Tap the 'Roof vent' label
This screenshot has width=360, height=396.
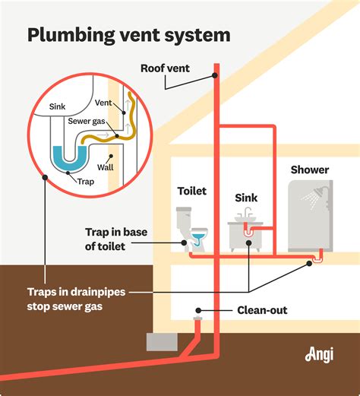pyautogui.click(x=165, y=68)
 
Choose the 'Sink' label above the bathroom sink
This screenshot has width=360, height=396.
pyautogui.click(x=246, y=198)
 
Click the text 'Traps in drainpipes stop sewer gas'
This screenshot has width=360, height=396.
pyautogui.click(x=77, y=300)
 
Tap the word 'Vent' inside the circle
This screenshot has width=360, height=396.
pyautogui.click(x=103, y=102)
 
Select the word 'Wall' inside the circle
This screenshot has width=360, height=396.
pyautogui.click(x=105, y=166)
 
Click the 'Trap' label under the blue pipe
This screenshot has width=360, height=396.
pyautogui.click(x=86, y=182)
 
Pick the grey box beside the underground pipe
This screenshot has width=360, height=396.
pyautogui.click(x=161, y=342)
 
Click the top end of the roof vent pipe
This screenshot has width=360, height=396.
pyautogui.click(x=216, y=74)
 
